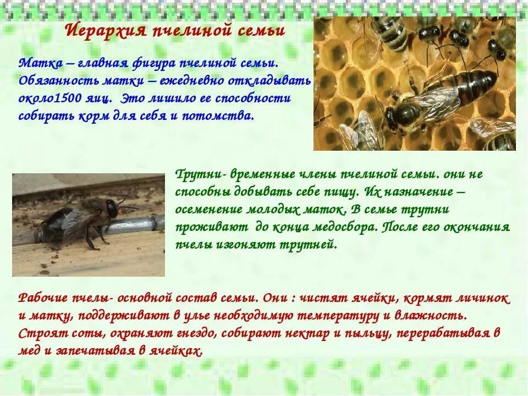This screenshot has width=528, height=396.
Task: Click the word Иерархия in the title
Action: pyautogui.click(x=104, y=30)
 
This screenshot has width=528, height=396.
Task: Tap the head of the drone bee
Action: pyautogui.click(x=112, y=207)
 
